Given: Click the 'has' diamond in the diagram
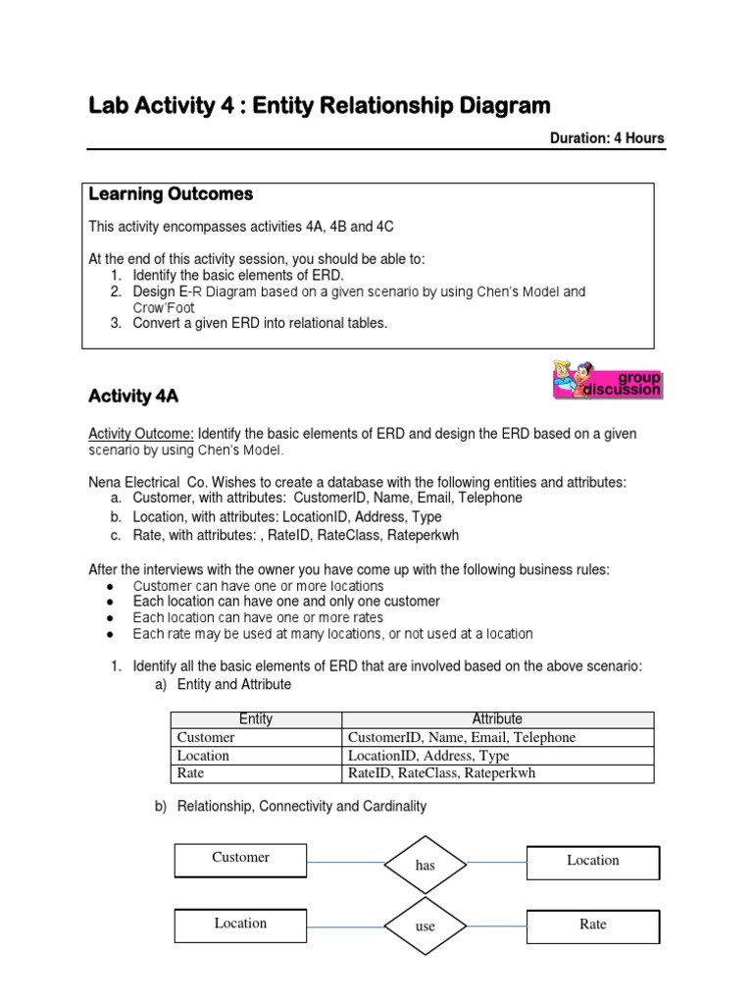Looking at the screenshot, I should (425, 865).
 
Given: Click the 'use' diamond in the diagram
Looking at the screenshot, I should (425, 926).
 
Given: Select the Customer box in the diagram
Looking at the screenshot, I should (240, 859).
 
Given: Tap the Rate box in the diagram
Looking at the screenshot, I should (593, 925).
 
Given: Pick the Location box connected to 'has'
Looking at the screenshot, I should (593, 861).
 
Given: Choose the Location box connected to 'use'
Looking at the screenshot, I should (240, 924).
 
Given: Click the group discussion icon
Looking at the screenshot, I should (608, 380).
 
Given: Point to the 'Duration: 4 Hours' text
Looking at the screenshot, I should (606, 138).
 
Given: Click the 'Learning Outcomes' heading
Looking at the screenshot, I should (171, 194).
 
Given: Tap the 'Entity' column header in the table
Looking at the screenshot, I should (256, 719).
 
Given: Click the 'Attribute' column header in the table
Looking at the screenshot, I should (497, 719).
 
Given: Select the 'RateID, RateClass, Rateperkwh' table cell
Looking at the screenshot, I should (442, 773).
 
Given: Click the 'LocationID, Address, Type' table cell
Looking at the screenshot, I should (428, 756).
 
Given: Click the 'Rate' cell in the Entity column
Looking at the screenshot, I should (191, 773).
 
